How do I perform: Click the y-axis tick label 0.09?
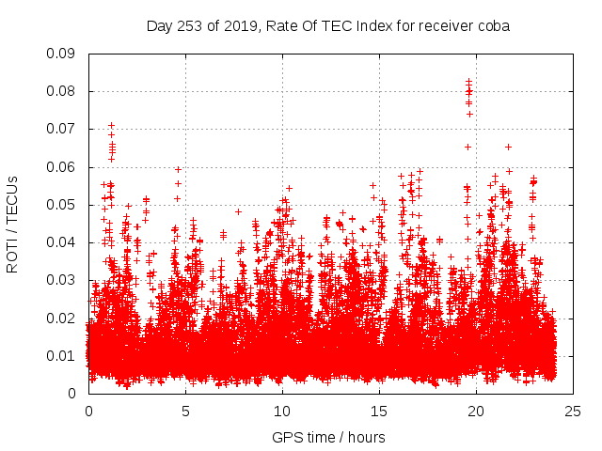(62, 54)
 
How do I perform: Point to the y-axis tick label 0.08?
(62, 91)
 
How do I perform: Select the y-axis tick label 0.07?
(62, 129)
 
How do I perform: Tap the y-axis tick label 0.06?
(62, 167)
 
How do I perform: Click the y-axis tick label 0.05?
(62, 205)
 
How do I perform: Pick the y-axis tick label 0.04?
(62, 242)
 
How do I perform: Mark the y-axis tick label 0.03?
(62, 280)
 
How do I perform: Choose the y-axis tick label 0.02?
(62, 318)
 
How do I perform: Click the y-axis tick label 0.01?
(62, 355)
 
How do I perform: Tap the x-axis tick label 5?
(185, 411)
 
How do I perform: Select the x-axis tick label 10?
(282, 411)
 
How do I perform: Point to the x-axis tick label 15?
(379, 411)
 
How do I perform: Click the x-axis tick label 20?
(476, 411)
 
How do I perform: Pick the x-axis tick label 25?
(573, 411)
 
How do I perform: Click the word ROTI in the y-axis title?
(13, 254)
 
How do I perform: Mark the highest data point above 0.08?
(468, 81)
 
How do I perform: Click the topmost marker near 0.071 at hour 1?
(111, 124)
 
